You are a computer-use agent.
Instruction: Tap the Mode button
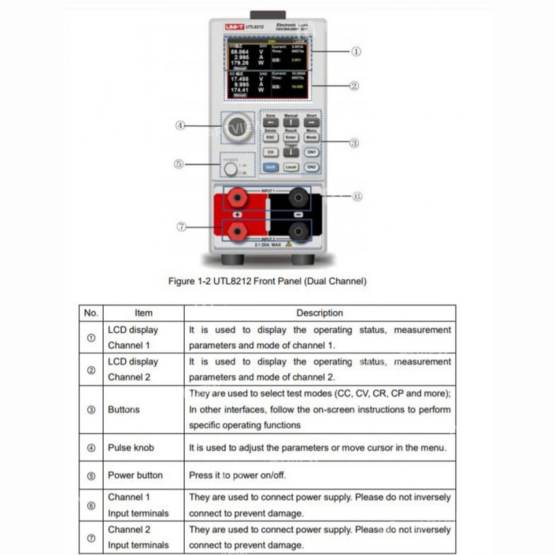311,137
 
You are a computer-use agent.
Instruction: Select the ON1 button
311,152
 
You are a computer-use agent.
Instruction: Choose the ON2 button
311,167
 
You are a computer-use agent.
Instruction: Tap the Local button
291,167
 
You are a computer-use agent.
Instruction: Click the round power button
230,170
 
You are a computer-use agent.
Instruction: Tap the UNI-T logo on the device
234,27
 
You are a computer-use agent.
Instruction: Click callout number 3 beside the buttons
355,142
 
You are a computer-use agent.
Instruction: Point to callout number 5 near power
178,165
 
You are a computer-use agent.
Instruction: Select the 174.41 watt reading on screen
241,89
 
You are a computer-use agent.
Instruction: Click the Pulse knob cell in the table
132,448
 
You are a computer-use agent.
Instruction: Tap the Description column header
319,313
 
